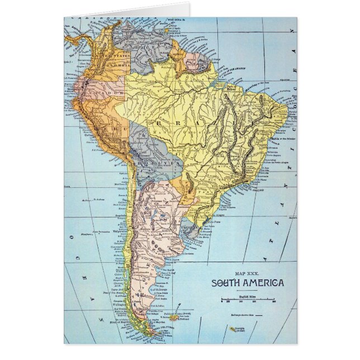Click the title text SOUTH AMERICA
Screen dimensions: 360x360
(247, 282)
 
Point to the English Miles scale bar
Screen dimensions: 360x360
(250, 301)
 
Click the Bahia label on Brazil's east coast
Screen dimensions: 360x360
(277, 138)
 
